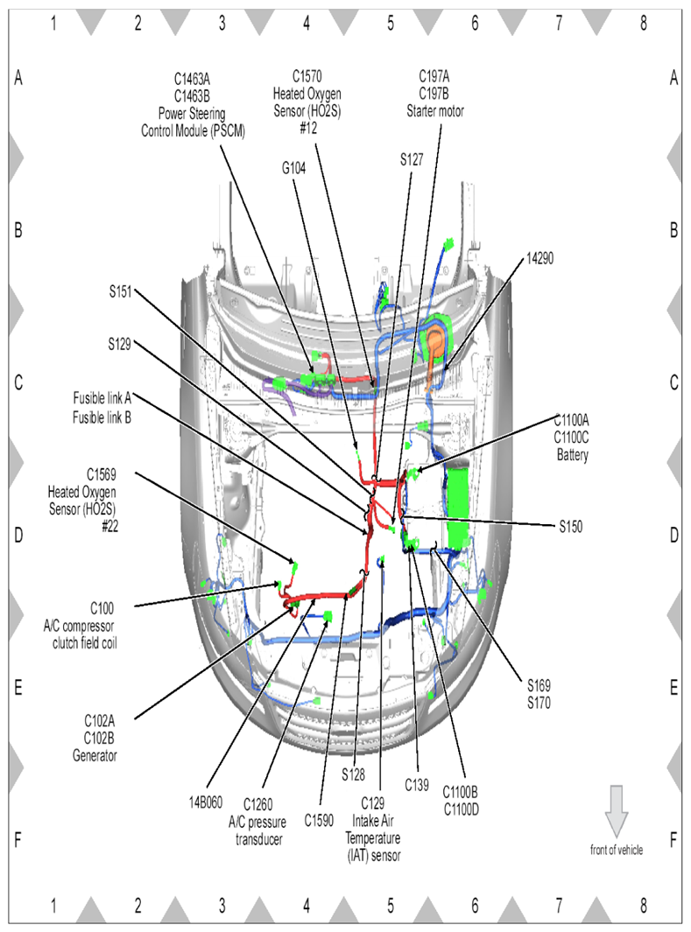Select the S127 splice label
[x=412, y=159]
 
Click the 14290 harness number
[x=540, y=259]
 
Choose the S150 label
[x=572, y=527]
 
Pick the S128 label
[x=353, y=774]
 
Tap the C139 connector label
[x=416, y=785]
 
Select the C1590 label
[x=321, y=820]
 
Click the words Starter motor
[x=435, y=111]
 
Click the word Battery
[x=573, y=455]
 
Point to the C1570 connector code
[x=307, y=78]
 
